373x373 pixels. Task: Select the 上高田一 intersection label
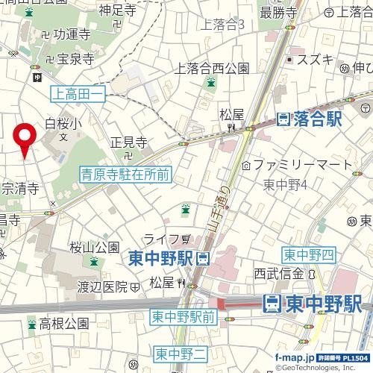tap(78, 93)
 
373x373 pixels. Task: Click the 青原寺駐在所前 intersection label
tap(125, 175)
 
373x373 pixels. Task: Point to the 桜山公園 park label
tap(95, 246)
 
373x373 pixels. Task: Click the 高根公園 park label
tap(64, 324)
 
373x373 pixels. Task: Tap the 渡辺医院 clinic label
tap(104, 286)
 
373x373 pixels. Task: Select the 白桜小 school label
tap(62, 124)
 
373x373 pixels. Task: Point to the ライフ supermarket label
tap(161, 239)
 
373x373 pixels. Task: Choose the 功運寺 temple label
tap(72, 34)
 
